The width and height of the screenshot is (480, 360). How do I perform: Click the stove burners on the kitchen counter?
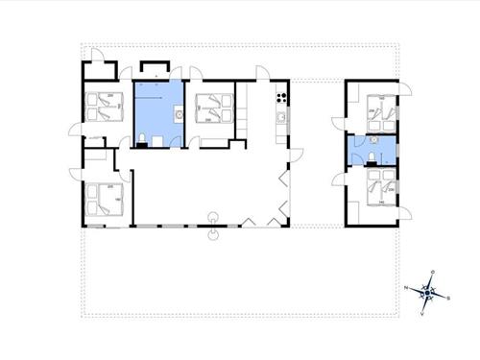tap(281, 96)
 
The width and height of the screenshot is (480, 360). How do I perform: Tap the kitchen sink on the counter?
tap(280, 118)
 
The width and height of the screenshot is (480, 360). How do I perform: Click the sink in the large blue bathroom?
tap(179, 114)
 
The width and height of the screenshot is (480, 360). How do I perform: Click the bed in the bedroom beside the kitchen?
tap(212, 109)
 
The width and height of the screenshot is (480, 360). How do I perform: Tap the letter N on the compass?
tap(407, 288)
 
